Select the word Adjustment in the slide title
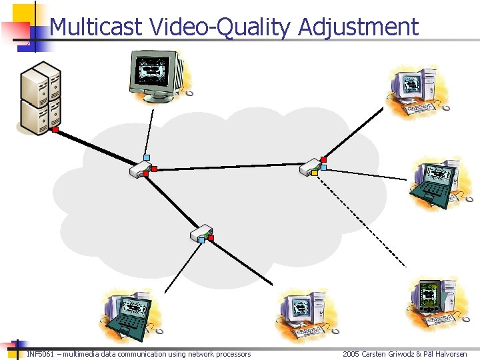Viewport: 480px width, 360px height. tap(359, 27)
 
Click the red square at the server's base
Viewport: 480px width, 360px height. tap(56, 130)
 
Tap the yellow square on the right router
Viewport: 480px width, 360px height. tap(315, 173)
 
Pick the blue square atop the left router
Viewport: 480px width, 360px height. tap(147, 158)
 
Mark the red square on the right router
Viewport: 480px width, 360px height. tap(324, 159)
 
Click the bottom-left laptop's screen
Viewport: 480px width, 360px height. tap(136, 309)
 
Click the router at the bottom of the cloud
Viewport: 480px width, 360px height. tap(199, 233)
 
